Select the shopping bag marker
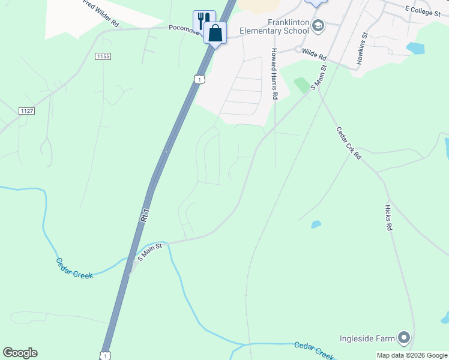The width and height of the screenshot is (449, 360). click(215, 33)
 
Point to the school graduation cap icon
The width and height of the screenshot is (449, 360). click(318, 25)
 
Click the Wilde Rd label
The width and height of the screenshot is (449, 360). click(314, 55)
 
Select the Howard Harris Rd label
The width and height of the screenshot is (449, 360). click(274, 73)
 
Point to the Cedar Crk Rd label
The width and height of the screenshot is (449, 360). click(349, 142)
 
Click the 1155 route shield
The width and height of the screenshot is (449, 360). click(103, 56)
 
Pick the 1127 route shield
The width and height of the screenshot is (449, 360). click(26, 111)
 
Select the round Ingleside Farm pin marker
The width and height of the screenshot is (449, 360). click(404, 338)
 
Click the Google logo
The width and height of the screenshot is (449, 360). click(20, 353)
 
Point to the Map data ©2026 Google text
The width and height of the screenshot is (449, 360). click(412, 355)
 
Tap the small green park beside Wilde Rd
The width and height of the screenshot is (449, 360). click(302, 85)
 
